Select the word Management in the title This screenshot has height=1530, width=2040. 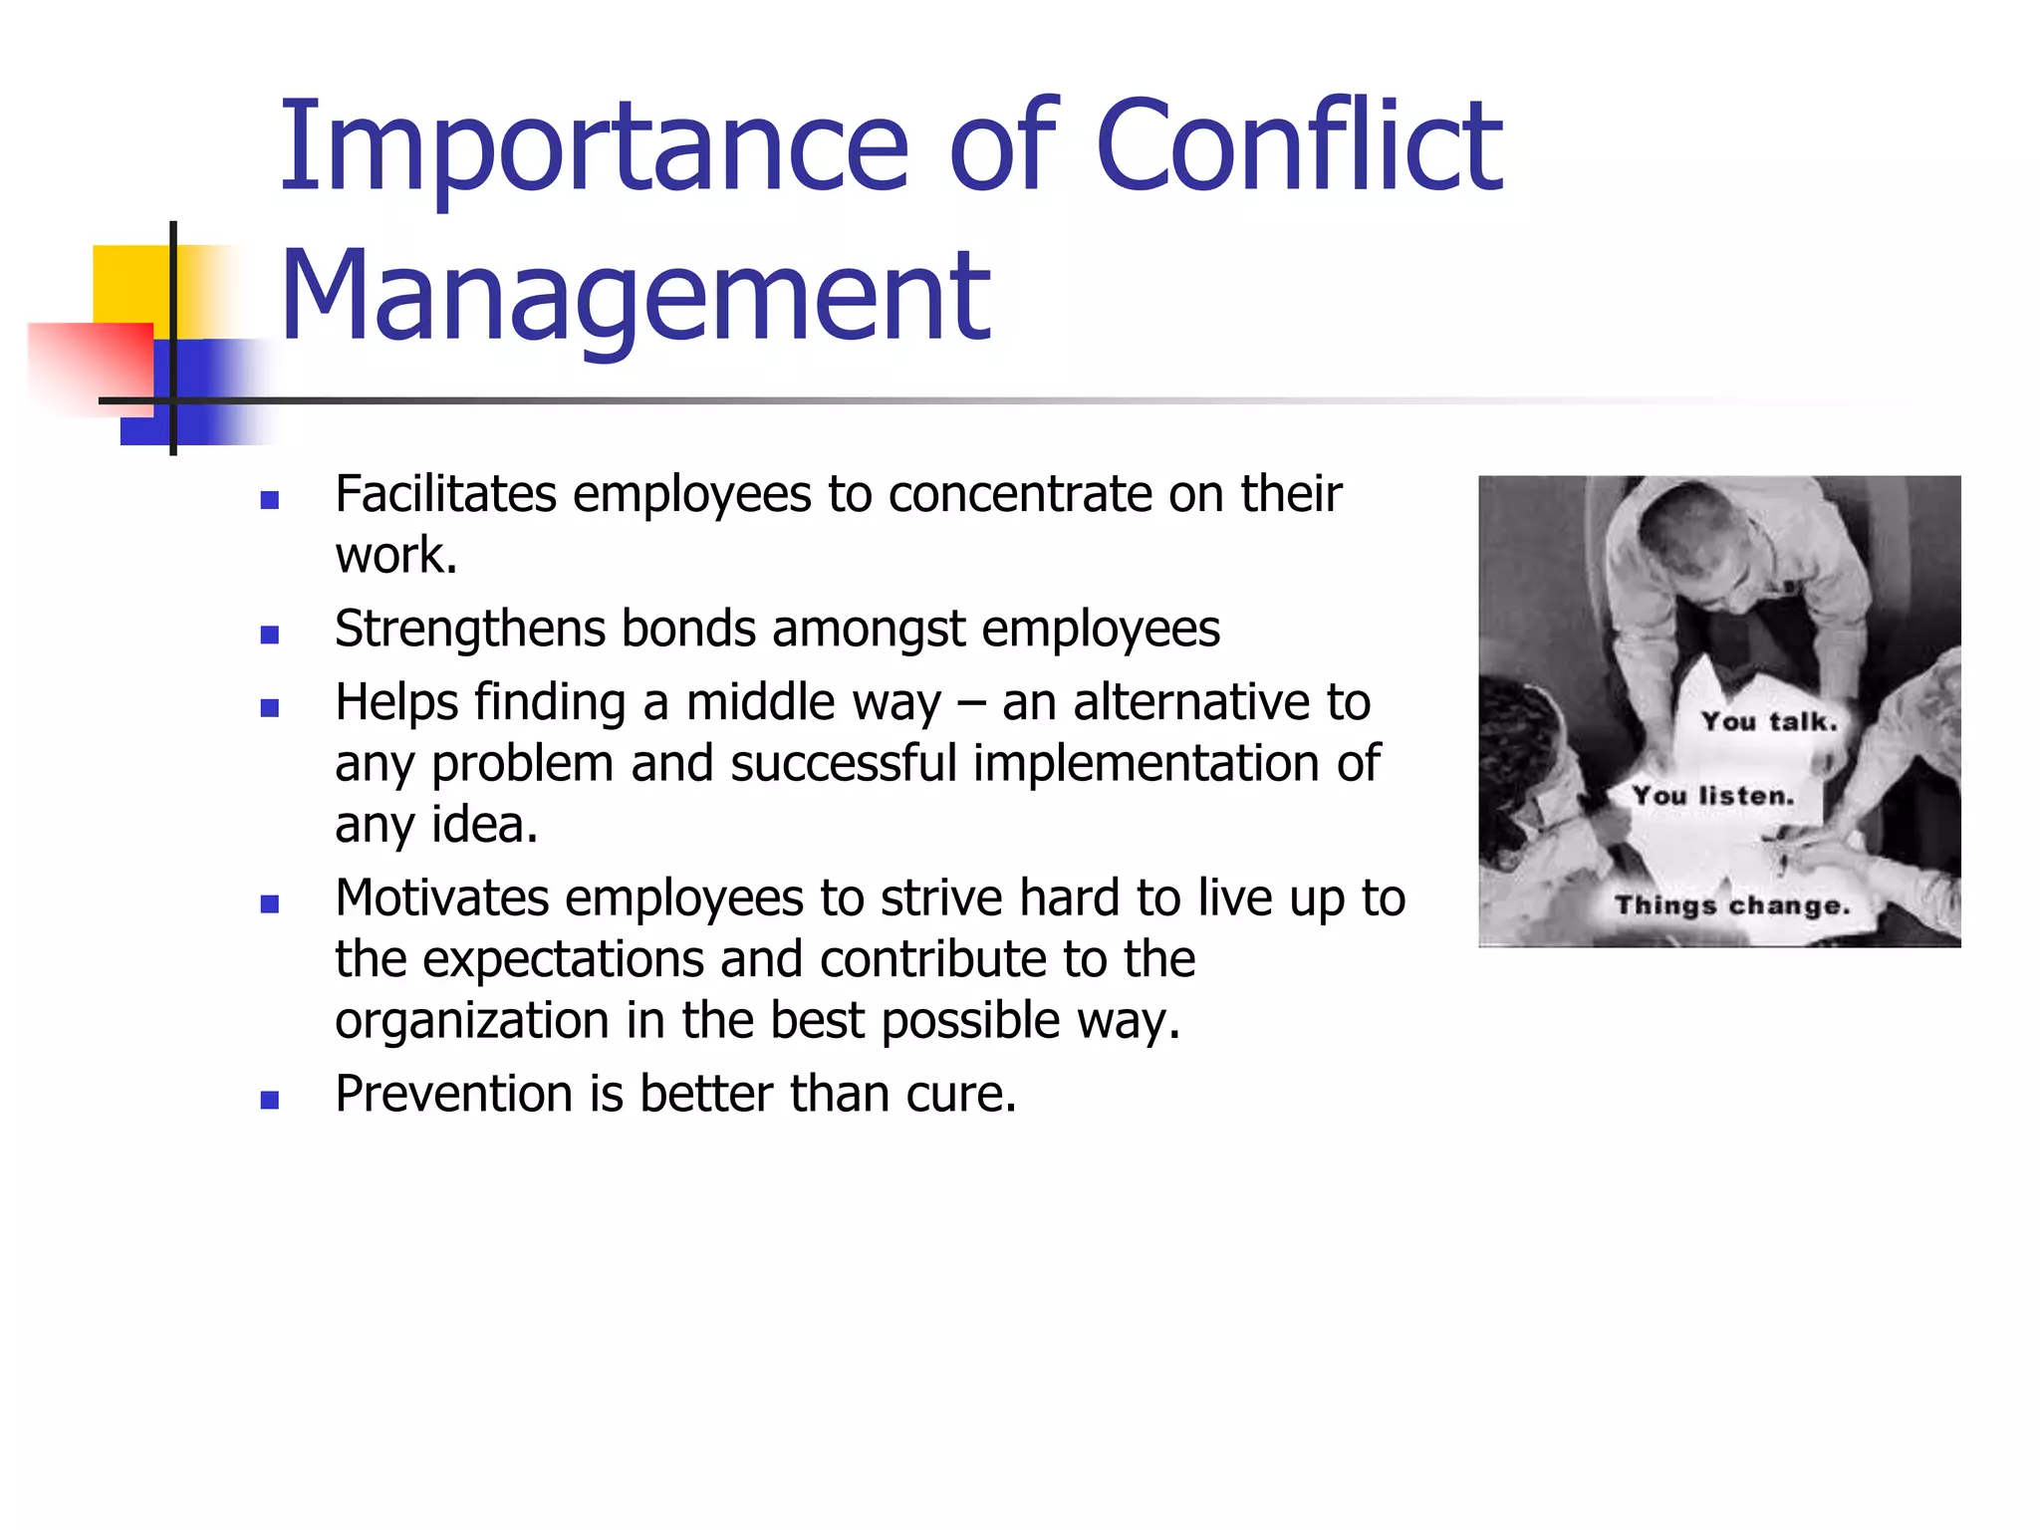636,296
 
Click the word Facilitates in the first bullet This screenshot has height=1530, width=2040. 445,494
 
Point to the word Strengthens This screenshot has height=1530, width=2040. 470,630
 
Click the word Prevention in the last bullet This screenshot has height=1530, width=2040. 453,1094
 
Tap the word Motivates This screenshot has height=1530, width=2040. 441,898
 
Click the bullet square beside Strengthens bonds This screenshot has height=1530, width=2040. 269,635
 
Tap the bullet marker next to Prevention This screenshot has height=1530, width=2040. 269,1100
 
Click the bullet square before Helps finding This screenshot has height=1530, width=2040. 269,708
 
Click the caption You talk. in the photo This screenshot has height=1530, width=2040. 1768,721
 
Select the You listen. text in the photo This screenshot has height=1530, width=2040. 1712,795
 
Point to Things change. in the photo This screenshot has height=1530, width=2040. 1732,904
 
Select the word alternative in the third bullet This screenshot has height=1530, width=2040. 1190,703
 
